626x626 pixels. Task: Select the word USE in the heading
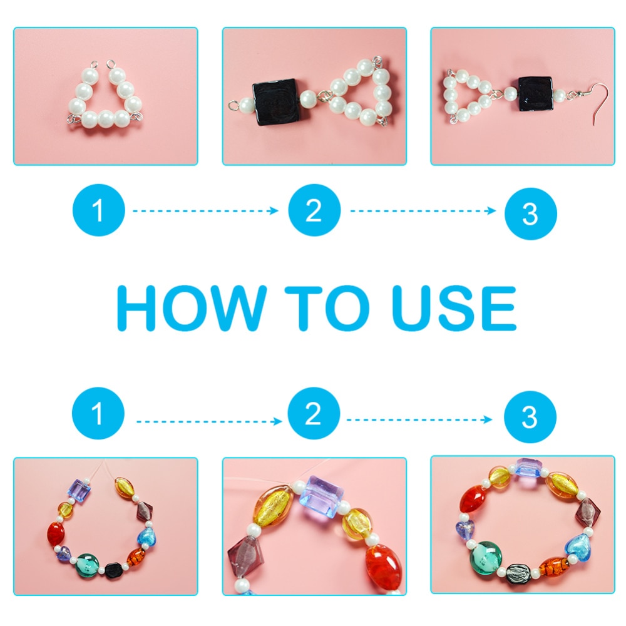tap(454, 308)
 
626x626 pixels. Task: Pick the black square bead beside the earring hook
tap(535, 94)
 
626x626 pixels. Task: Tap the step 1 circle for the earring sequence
tap(99, 210)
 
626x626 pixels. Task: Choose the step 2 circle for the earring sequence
tap(314, 210)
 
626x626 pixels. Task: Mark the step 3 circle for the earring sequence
tap(531, 213)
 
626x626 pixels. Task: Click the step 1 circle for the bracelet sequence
tap(98, 413)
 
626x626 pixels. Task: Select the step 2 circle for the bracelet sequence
tap(314, 413)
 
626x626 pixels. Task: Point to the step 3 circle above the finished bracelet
tap(530, 417)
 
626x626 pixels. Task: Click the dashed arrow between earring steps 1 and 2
tap(205, 211)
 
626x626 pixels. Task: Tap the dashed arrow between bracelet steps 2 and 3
tap(419, 419)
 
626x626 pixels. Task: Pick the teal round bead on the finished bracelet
tap(486, 558)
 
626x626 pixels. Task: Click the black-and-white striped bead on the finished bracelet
tap(518, 573)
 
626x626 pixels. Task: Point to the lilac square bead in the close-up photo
tap(322, 497)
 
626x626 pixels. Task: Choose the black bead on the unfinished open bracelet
tap(114, 571)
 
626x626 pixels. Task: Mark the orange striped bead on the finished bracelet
tap(554, 567)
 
